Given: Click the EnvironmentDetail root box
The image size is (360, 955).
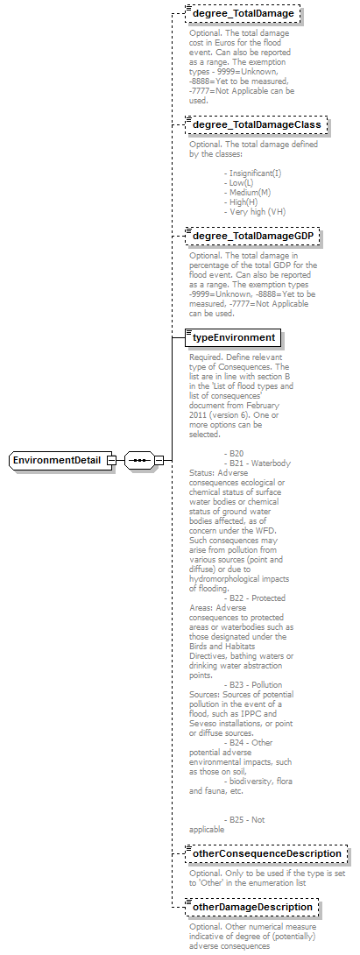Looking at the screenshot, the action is tap(60, 460).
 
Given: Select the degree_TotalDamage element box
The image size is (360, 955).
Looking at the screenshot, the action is tap(243, 13).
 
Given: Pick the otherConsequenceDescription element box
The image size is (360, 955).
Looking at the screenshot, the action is tap(265, 854).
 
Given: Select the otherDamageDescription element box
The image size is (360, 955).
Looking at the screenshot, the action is tap(252, 907).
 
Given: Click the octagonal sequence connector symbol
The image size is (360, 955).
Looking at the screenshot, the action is tap(138, 460).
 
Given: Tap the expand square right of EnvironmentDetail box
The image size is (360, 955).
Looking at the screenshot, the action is tap(111, 460).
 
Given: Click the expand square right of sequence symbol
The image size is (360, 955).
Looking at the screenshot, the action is tap(159, 460).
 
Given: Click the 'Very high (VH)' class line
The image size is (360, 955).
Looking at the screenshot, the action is tap(255, 211).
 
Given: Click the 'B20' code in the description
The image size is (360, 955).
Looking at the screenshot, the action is tap(232, 453).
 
